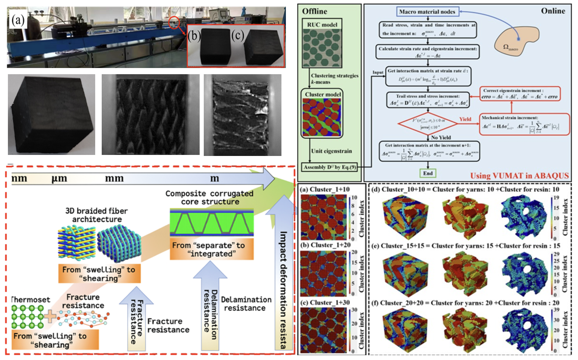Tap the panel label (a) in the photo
tap(18, 20)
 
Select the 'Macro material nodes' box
tap(427, 12)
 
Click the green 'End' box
tap(428, 173)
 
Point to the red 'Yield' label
tap(465, 119)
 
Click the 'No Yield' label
tap(441, 137)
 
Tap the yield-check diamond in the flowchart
tap(428, 123)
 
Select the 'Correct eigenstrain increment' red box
tap(520, 94)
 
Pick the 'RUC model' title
tap(322, 25)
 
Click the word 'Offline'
tap(314, 11)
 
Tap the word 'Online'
tap(553, 11)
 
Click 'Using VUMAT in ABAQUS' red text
tap(519, 176)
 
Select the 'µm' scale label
tap(59, 179)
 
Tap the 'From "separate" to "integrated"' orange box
tap(212, 249)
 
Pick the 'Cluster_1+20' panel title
tap(325, 245)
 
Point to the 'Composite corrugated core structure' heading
tap(209, 198)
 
